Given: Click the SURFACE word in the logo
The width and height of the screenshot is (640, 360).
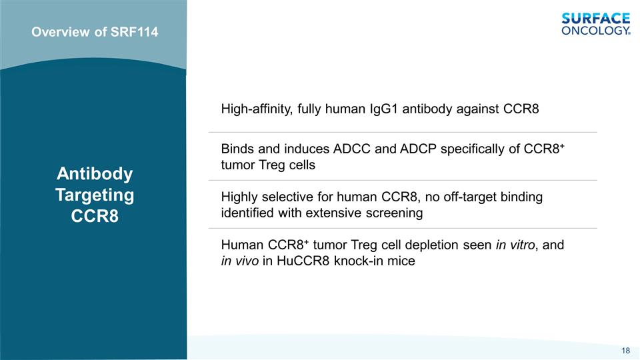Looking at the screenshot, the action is (x=596, y=19).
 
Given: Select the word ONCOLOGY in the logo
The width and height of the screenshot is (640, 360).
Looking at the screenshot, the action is (x=595, y=30).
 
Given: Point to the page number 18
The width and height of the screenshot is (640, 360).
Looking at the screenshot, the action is (x=626, y=351).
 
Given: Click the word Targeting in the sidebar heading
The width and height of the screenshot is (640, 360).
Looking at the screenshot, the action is (x=95, y=195).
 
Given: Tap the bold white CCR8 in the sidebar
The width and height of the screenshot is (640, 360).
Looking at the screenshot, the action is (x=95, y=216).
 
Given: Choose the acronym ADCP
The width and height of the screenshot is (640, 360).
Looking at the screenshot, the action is (x=419, y=149).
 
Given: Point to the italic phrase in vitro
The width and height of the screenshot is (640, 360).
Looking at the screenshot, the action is (x=515, y=245).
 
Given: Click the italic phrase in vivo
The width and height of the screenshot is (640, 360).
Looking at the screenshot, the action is (x=240, y=261).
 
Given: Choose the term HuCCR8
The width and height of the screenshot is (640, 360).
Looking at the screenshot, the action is (x=303, y=261).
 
